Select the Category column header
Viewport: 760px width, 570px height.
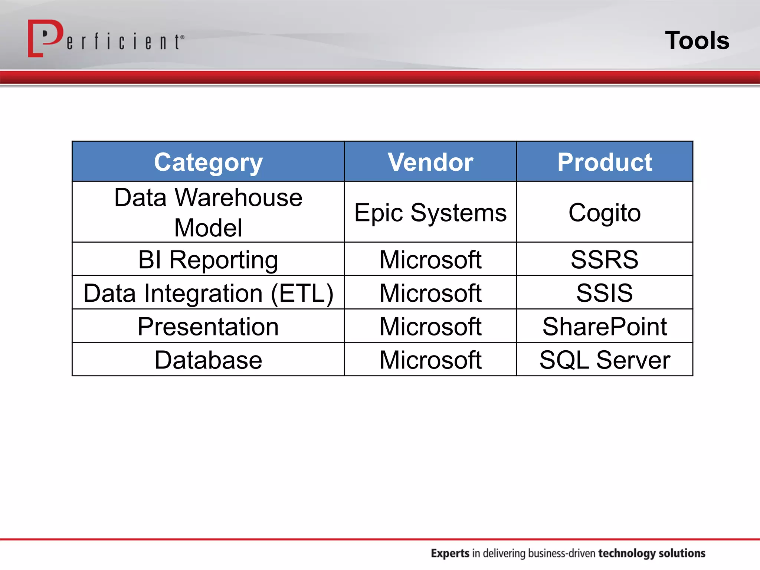point(208,162)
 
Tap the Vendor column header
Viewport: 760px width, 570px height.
point(430,162)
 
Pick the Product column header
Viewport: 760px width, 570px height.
point(605,162)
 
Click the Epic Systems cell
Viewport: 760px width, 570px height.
point(430,213)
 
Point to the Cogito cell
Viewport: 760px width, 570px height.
point(605,213)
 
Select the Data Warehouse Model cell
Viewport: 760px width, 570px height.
point(208,212)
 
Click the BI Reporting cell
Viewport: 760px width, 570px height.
point(208,259)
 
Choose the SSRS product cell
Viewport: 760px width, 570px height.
point(605,259)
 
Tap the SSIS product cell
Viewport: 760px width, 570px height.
point(605,293)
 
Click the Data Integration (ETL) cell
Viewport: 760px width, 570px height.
point(208,293)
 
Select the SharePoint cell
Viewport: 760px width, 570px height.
point(605,327)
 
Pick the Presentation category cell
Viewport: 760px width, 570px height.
point(208,327)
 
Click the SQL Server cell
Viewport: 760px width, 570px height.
point(605,360)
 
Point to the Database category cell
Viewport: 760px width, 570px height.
point(208,360)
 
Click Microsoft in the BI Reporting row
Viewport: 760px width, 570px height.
point(430,259)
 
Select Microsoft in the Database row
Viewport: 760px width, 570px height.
point(430,360)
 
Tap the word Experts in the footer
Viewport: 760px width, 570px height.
point(450,553)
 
